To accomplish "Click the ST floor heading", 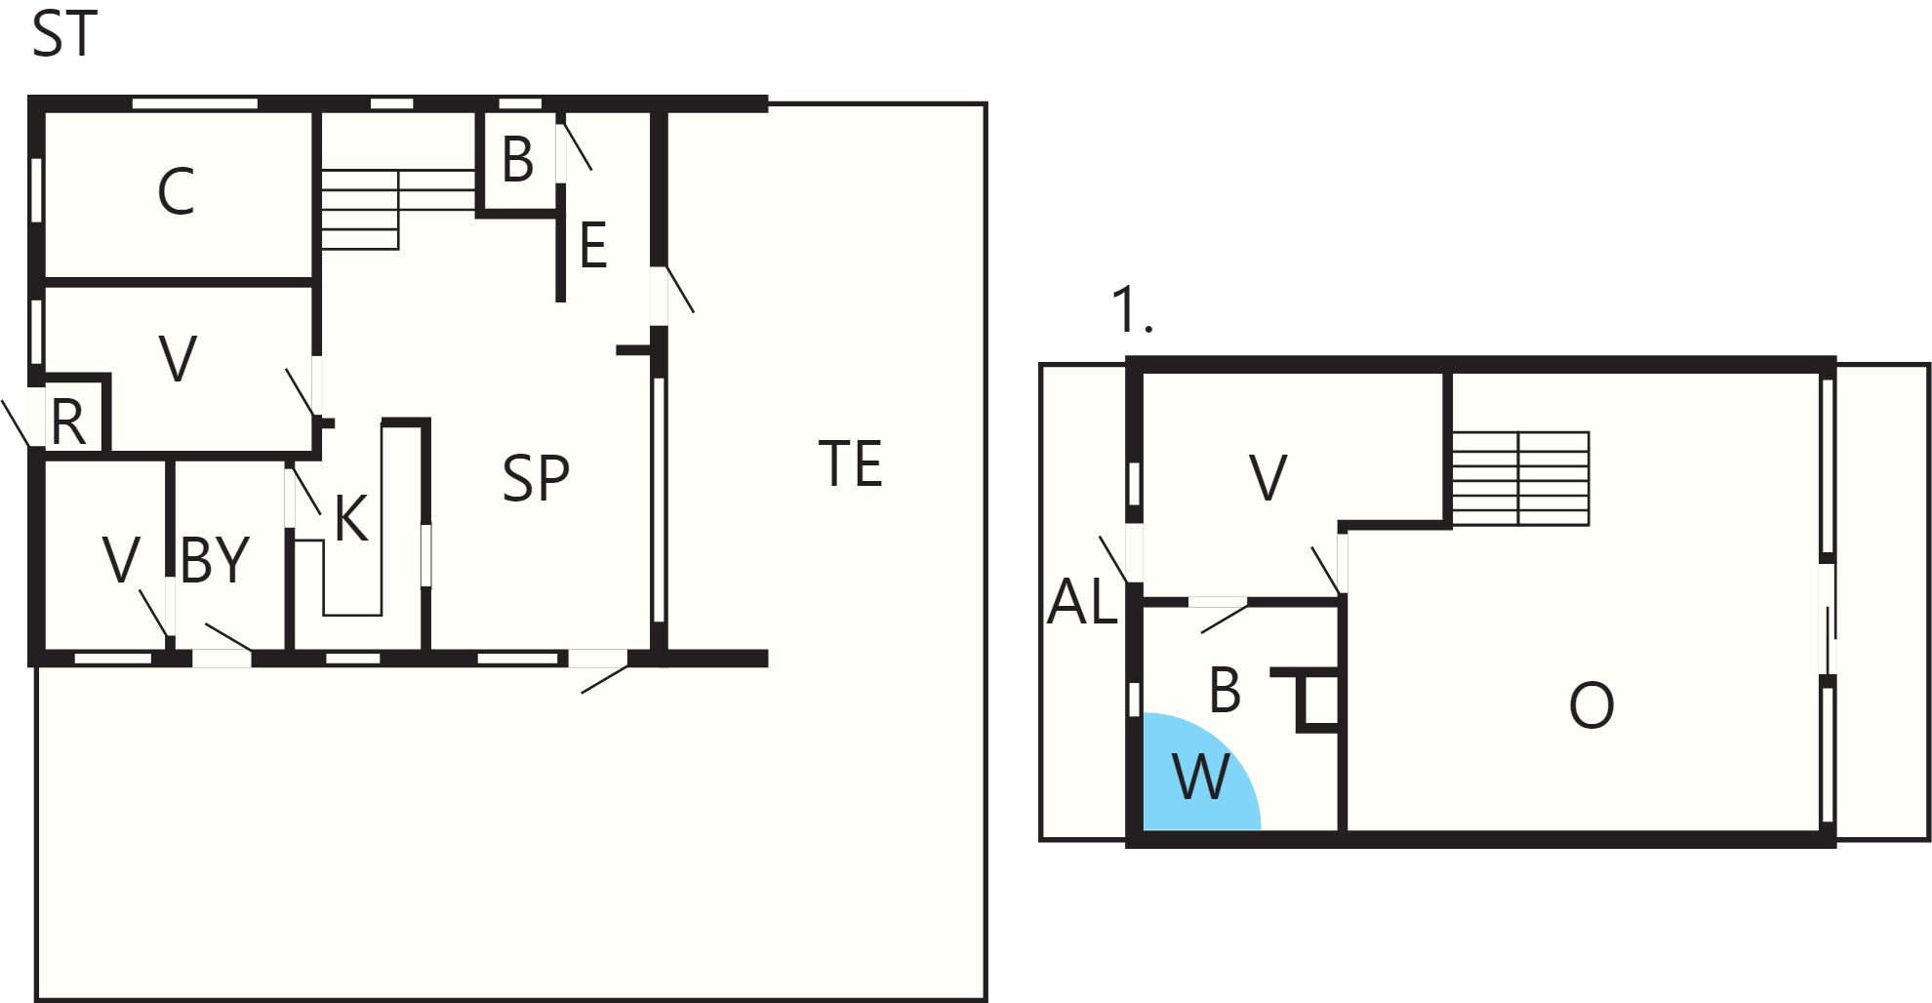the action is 64,34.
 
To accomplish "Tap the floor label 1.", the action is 1133,311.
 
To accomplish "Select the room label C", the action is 176,191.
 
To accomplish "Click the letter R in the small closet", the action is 68,422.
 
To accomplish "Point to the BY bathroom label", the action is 216,560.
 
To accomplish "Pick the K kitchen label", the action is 351,518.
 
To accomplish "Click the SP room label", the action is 536,478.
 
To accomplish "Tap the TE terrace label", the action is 851,463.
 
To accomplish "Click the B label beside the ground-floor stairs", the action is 517,159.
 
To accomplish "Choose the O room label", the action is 1591,705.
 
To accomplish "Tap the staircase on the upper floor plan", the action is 1520,479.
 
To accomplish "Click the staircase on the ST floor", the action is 398,210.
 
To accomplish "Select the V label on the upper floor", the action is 1268,478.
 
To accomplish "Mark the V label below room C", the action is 178,358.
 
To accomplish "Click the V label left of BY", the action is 122,560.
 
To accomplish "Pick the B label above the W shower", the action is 1225,690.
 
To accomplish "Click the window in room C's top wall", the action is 195,102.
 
